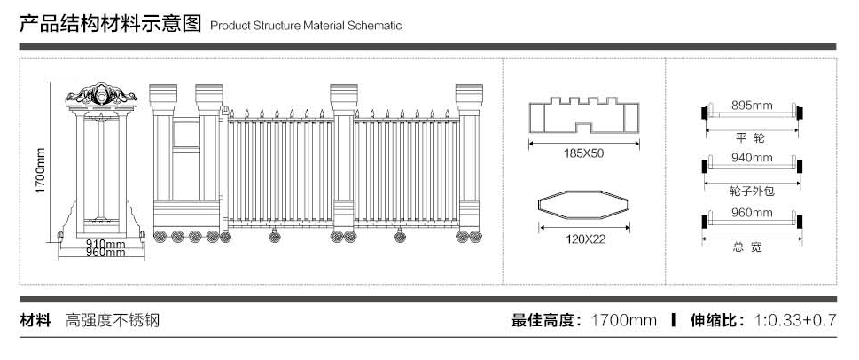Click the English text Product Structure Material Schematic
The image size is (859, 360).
click(306, 25)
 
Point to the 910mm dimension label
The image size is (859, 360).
click(105, 244)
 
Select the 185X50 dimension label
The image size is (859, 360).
click(583, 153)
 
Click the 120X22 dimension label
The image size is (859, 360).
click(584, 239)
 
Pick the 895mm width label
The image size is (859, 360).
click(752, 105)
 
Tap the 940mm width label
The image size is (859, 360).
click(752, 158)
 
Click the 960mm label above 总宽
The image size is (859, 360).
click(752, 213)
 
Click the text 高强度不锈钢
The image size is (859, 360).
click(112, 320)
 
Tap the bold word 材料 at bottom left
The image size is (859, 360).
click(36, 320)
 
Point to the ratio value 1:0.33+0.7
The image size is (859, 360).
click(794, 320)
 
